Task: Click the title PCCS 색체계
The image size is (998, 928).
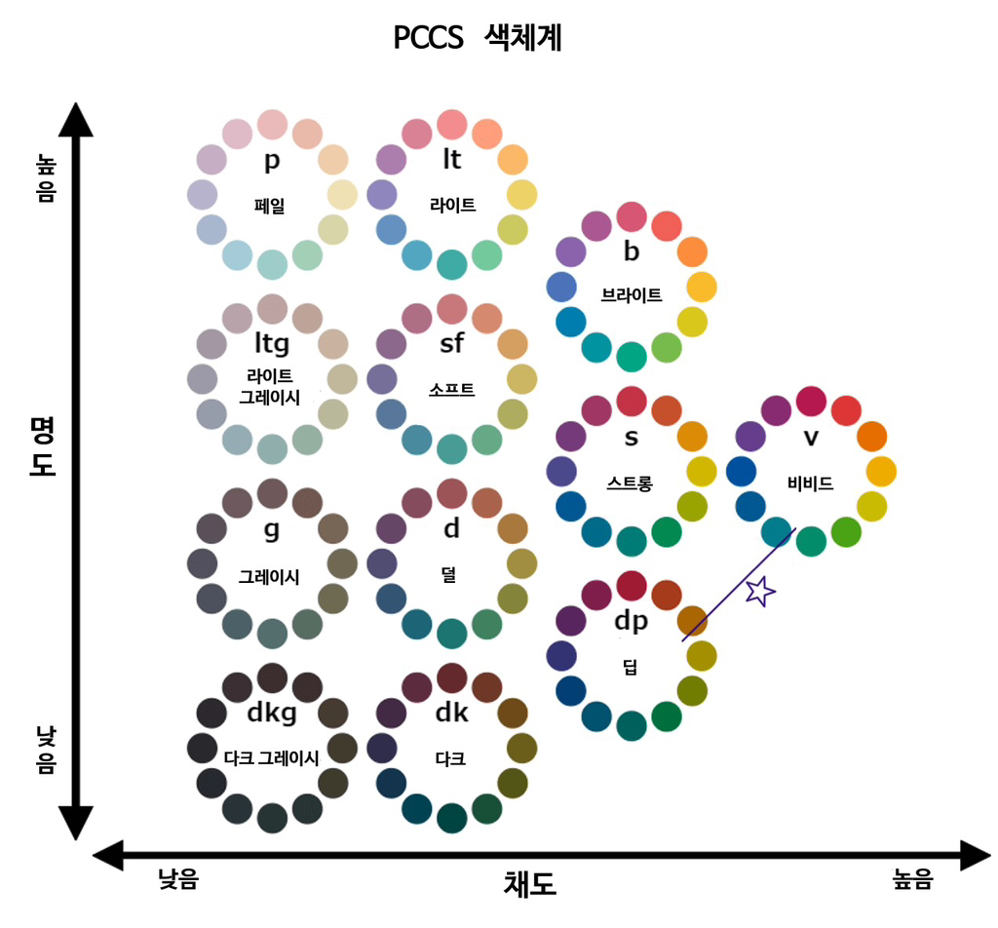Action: (478, 38)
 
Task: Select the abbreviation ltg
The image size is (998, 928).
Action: (272, 342)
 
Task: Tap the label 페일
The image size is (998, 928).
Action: (272, 205)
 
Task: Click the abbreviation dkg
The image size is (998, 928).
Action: (272, 714)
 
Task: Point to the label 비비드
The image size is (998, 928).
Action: (811, 483)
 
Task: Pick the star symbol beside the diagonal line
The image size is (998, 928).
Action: (760, 590)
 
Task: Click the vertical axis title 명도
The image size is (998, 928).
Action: (43, 445)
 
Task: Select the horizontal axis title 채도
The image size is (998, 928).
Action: (529, 883)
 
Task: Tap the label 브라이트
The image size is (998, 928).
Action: (632, 294)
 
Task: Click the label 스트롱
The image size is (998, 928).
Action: (631, 482)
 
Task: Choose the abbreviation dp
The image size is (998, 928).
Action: (631, 620)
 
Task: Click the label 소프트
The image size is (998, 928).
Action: (451, 390)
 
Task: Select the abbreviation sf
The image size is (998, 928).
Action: (452, 343)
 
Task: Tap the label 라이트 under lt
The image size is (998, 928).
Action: (452, 205)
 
